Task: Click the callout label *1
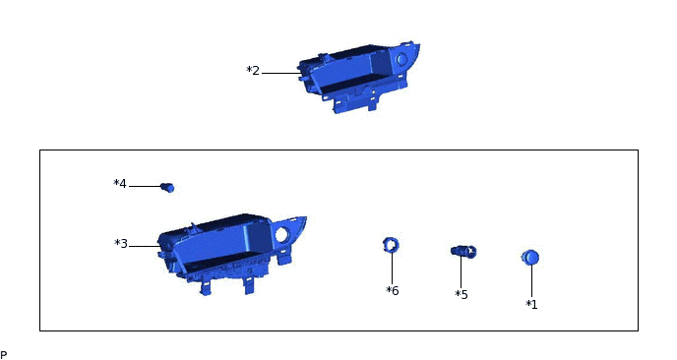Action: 531,304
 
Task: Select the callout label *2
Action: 253,71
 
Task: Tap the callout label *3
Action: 121,244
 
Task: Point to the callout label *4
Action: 120,184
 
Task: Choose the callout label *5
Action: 462,294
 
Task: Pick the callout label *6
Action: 392,290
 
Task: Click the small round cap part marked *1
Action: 530,258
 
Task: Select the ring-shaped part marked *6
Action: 391,245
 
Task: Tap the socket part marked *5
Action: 463,251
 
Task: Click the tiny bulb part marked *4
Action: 167,187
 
